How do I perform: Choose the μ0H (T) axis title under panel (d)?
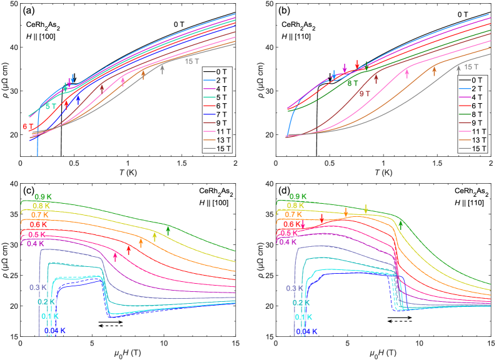coord(385,353)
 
